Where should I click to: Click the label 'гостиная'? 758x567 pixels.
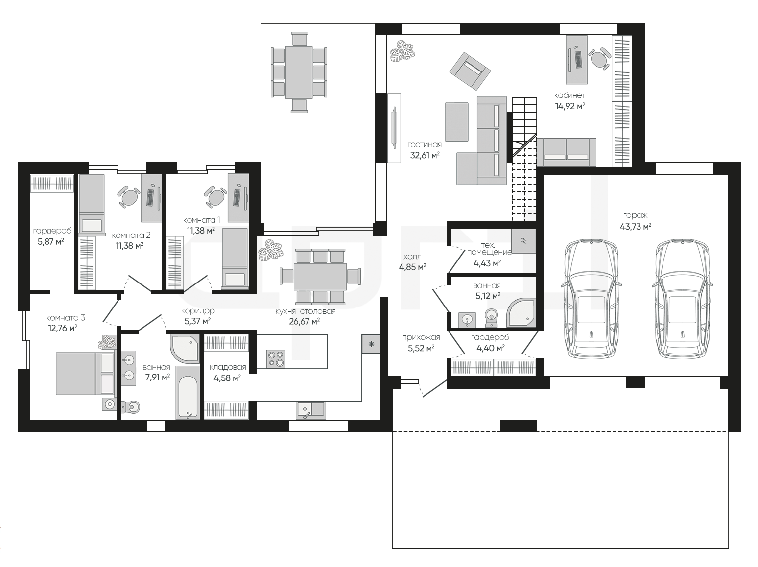pyautogui.click(x=425, y=144)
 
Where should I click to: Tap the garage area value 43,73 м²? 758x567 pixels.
pyautogui.click(x=636, y=227)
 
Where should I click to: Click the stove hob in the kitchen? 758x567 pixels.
pyautogui.click(x=276, y=359)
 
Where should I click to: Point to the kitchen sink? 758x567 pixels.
pyautogui.click(x=310, y=410)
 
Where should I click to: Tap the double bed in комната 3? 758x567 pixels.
pyautogui.click(x=85, y=373)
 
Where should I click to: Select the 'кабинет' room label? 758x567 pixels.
pyautogui.click(x=570, y=95)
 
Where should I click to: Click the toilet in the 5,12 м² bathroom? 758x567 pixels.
pyautogui.click(x=491, y=318)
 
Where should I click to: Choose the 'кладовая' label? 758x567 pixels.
pyautogui.click(x=228, y=367)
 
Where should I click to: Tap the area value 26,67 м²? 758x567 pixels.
pyautogui.click(x=304, y=322)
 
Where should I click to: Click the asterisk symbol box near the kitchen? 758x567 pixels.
pyautogui.click(x=371, y=344)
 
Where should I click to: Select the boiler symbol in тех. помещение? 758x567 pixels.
pyautogui.click(x=523, y=241)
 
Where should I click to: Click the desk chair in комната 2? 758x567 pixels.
pyautogui.click(x=129, y=197)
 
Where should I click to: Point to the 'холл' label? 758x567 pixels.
pyautogui.click(x=412, y=257)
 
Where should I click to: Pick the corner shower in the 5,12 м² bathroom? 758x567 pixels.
pyautogui.click(x=521, y=312)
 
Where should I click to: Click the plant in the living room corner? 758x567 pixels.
pyautogui.click(x=403, y=51)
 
